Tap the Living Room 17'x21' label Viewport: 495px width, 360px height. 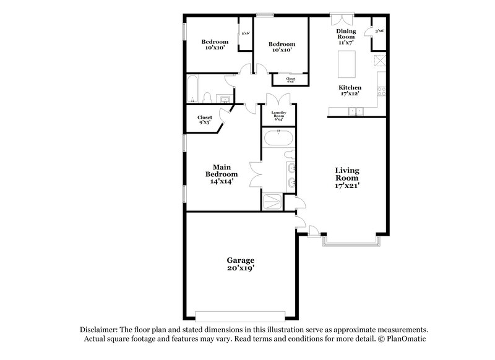click(347, 178)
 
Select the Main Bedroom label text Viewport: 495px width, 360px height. click(222, 174)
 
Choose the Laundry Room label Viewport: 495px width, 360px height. click(278, 115)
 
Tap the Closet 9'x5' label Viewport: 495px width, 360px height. click(205, 120)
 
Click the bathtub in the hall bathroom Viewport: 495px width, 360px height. click(192, 90)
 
